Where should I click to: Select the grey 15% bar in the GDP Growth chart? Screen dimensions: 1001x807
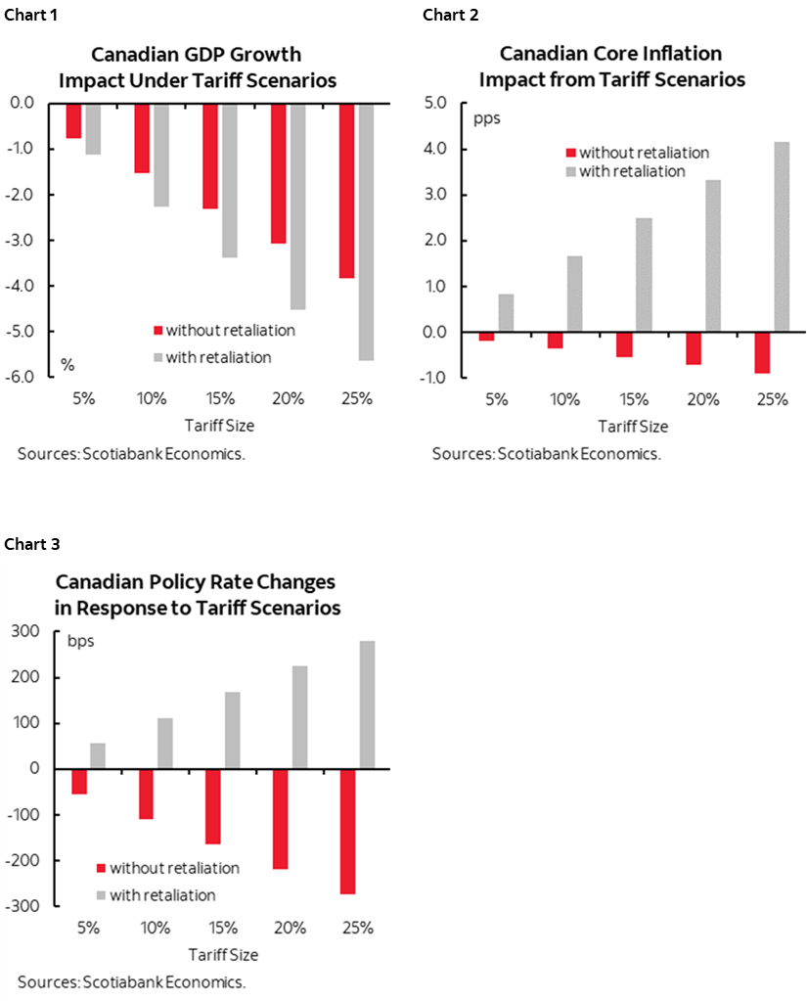click(x=230, y=180)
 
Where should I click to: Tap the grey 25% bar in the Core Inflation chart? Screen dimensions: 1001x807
click(x=781, y=237)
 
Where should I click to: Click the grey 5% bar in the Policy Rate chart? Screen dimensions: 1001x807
click(x=97, y=755)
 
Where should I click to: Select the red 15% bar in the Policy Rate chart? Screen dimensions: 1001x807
click(x=213, y=806)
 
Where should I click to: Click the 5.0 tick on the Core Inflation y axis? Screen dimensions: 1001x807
click(x=434, y=104)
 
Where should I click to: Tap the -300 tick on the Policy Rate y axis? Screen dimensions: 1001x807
click(x=25, y=906)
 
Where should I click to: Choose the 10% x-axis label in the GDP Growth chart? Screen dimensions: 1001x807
click(x=152, y=399)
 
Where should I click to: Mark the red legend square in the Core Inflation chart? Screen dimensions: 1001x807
click(x=570, y=153)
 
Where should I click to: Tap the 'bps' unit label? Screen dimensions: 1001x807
click(x=79, y=643)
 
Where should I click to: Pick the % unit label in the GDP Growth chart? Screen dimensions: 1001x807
click(x=68, y=364)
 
